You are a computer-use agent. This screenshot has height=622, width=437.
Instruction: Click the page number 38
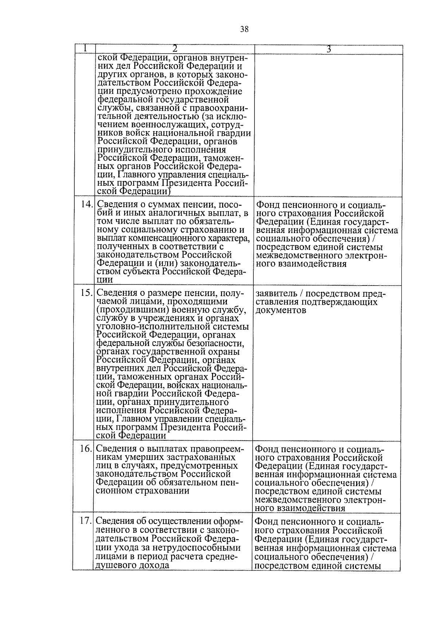pos(244,29)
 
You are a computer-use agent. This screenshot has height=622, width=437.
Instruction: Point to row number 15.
pos(87,293)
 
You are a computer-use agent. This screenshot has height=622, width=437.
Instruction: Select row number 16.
pos(86,448)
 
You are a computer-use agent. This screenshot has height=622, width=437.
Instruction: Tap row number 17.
pos(86,521)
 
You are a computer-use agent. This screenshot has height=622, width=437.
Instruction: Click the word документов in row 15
pos(281,311)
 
